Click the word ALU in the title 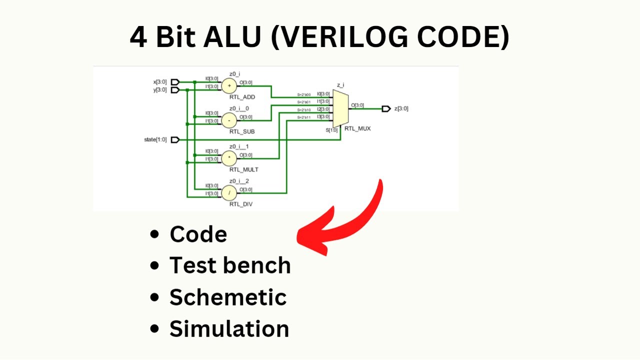232,37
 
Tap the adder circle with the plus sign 229,85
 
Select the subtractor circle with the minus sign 229,120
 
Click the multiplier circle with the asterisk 229,158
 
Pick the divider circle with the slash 229,192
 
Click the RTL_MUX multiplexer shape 339,108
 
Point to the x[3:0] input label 160,82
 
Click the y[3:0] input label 160,90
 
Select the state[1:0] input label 155,140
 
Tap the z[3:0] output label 401,108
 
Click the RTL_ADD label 242,97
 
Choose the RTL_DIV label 241,204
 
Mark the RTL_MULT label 243,169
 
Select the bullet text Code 198,234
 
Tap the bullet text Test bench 230,265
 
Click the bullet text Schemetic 228,297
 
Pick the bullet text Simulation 229,329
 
